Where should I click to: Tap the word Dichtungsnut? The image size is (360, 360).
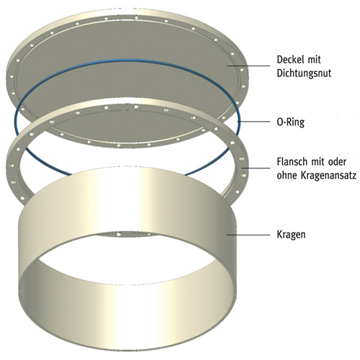304,73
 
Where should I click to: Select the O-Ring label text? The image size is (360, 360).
291,122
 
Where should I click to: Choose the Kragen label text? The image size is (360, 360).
291,235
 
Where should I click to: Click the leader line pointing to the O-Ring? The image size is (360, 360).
253,122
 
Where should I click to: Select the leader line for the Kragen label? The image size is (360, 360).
248,235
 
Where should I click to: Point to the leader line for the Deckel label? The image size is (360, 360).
248,66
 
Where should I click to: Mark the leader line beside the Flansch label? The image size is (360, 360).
256,168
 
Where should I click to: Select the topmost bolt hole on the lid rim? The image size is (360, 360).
136,17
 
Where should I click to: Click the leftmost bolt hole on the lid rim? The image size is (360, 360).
12,77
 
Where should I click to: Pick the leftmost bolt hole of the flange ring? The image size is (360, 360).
11,166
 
